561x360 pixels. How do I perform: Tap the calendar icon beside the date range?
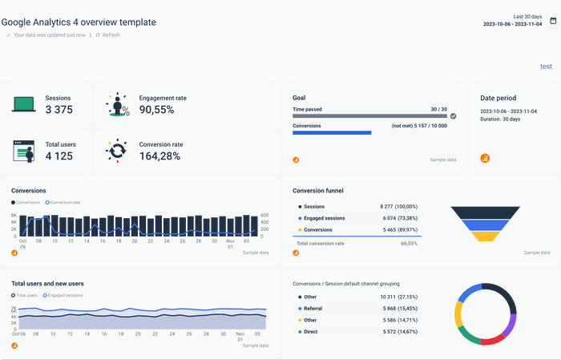click(553, 21)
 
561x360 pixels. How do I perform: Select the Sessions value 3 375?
click(59, 110)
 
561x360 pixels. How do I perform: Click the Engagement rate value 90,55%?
click(157, 110)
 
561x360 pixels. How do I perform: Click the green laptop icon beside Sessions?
click(23, 104)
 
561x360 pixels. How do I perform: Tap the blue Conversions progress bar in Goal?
click(332, 133)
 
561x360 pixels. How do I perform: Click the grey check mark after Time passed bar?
click(453, 116)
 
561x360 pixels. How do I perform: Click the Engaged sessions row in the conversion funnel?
click(324, 218)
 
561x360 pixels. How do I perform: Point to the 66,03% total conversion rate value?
click(409, 243)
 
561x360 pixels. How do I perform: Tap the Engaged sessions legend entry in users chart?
click(65, 295)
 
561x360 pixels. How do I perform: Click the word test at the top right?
click(546, 67)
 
